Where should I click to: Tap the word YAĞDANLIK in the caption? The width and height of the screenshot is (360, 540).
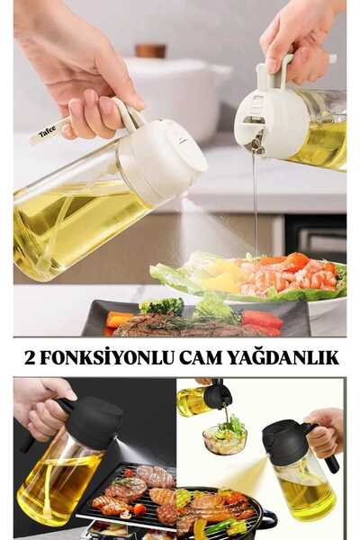[294, 358]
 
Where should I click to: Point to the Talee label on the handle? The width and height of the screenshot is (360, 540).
[47, 131]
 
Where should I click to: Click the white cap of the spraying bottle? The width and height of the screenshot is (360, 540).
[166, 161]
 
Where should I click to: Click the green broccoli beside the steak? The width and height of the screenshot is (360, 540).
[163, 307]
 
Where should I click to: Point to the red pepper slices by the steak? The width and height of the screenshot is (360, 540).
[260, 319]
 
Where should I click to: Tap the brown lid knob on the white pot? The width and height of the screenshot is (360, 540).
[150, 51]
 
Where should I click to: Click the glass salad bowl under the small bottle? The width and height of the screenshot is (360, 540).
[225, 440]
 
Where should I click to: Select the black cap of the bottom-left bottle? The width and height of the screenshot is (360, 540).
[93, 421]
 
